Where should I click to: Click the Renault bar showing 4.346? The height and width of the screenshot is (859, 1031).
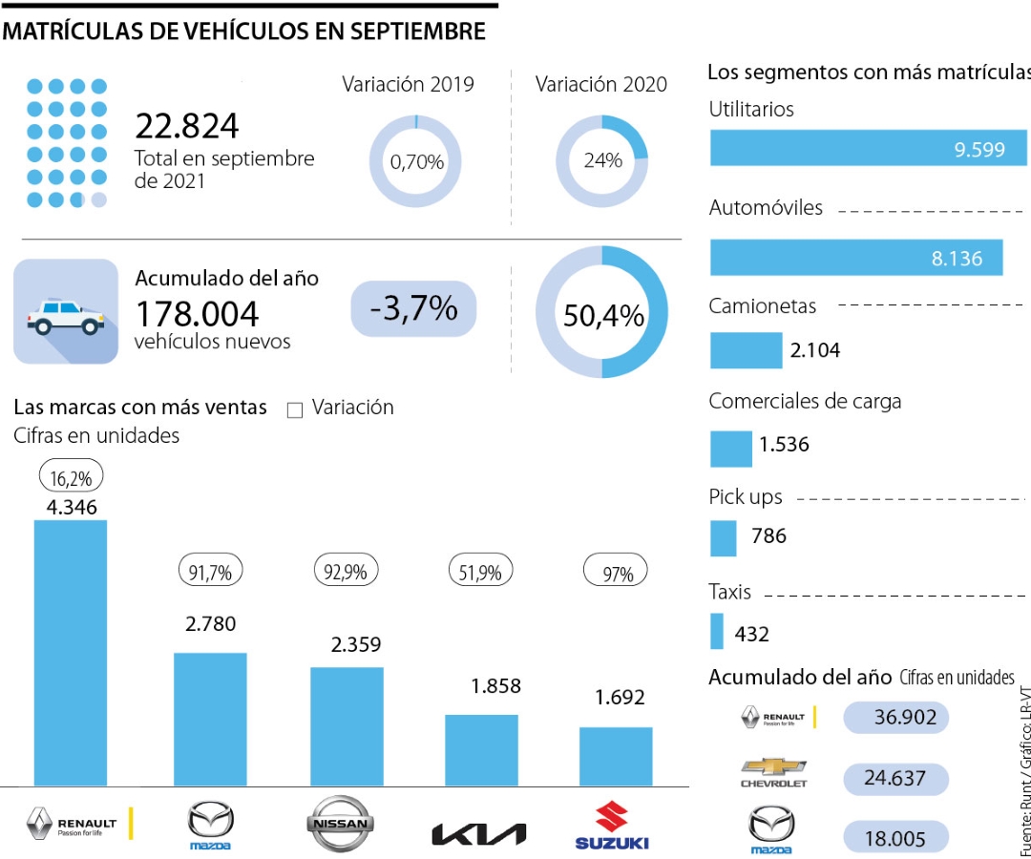click(71, 653)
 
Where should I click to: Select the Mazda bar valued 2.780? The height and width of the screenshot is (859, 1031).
click(210, 719)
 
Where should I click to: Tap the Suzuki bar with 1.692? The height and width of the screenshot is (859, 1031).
click(616, 756)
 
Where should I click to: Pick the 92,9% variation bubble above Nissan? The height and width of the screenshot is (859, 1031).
click(346, 573)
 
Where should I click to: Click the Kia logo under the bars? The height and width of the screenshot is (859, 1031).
click(479, 833)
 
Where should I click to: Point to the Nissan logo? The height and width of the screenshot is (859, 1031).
click(341, 822)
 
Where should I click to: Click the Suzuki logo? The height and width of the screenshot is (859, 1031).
click(612, 826)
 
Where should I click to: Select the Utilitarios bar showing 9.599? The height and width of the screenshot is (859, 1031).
click(867, 149)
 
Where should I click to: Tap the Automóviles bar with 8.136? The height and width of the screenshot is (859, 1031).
click(855, 258)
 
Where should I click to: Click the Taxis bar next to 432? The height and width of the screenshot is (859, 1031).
click(717, 632)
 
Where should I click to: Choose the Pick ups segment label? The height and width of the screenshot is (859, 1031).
click(746, 497)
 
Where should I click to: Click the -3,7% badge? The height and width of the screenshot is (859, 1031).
click(413, 308)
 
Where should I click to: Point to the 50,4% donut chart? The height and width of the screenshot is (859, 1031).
click(602, 313)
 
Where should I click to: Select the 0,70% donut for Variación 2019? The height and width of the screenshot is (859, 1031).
click(415, 161)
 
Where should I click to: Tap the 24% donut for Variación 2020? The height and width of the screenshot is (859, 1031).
click(602, 161)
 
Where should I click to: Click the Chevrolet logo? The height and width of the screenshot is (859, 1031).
click(773, 772)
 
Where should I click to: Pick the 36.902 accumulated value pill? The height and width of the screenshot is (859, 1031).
click(895, 717)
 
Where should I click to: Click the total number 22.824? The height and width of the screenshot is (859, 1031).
click(187, 127)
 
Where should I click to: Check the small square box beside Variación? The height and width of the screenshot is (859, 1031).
click(295, 409)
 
